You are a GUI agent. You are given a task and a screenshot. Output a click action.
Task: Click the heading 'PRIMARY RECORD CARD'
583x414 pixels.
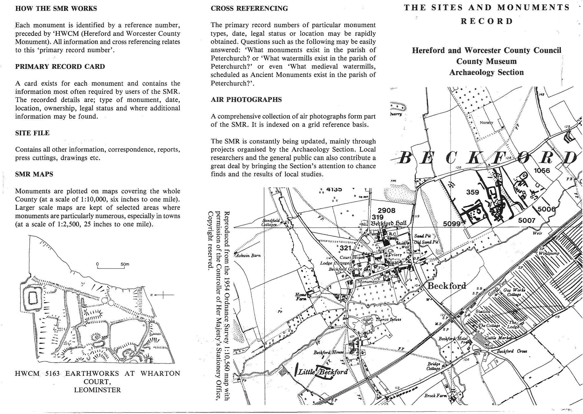tap(60, 67)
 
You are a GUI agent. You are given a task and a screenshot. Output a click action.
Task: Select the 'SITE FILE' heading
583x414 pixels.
tap(32, 133)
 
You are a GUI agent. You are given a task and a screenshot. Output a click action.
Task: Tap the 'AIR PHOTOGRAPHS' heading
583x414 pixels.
tap(246, 100)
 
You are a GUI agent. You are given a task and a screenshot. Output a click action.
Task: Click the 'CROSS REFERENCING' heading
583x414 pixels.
tap(249, 9)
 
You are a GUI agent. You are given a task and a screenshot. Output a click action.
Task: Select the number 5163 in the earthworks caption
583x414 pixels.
tap(52, 374)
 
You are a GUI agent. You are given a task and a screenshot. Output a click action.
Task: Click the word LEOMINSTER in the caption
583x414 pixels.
tap(97, 390)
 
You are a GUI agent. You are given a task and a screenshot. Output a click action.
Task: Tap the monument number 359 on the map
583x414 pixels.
tap(472, 192)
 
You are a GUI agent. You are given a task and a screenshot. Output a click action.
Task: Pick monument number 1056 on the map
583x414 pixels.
tap(542, 171)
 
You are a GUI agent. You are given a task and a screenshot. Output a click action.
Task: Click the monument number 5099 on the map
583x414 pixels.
tap(452, 224)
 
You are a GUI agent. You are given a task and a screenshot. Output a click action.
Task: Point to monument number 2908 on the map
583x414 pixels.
tap(386, 211)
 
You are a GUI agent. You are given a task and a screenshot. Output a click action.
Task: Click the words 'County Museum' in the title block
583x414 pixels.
tap(486, 62)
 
